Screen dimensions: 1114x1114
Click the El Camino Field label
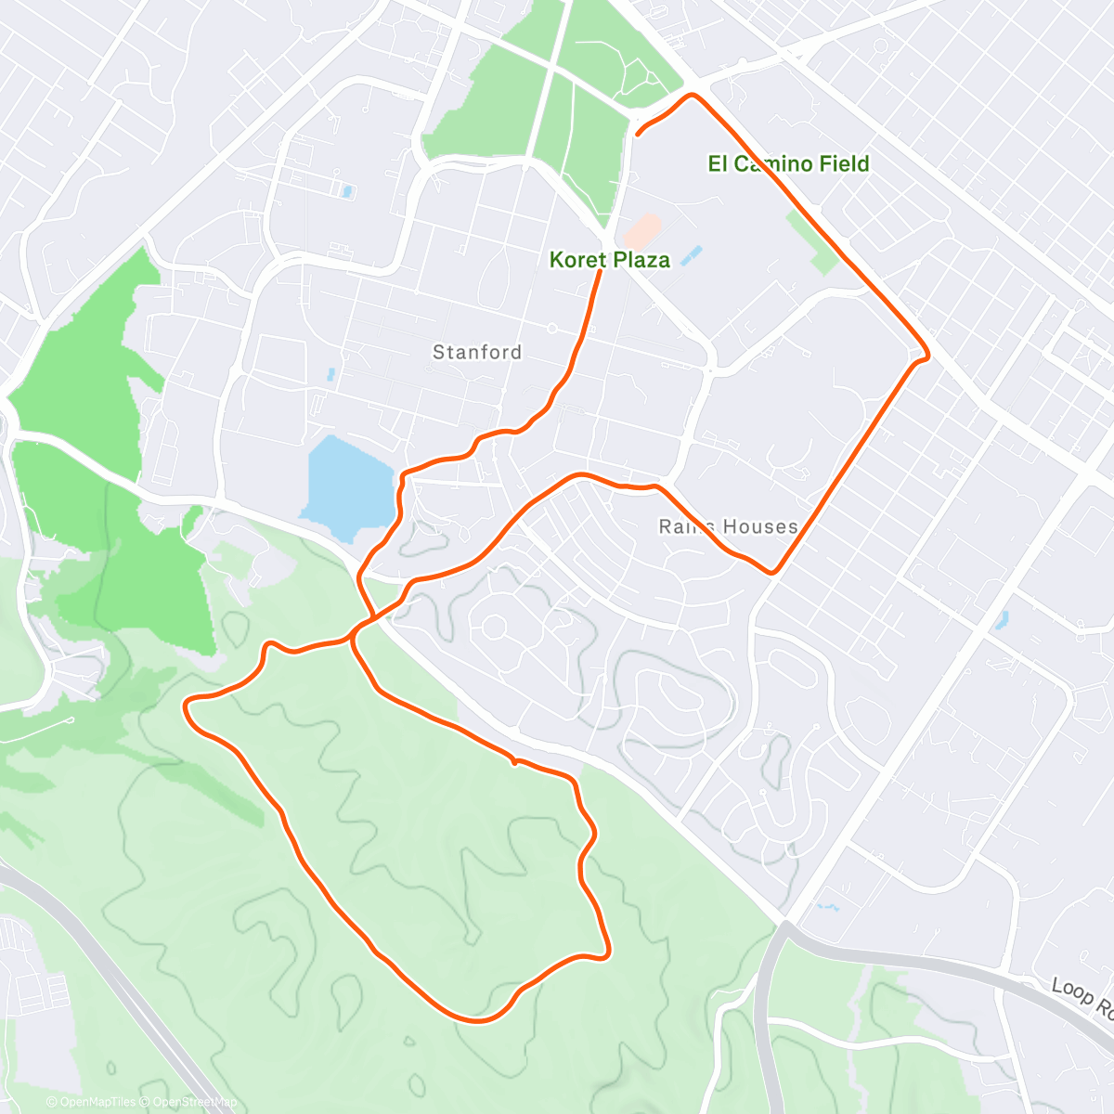tap(788, 164)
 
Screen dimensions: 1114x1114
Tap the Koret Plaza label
tap(609, 260)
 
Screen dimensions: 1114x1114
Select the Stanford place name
tap(477, 353)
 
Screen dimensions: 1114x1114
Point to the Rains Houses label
tap(728, 527)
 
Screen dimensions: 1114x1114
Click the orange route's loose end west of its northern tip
tap(638, 136)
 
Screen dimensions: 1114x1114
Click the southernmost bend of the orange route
tap(478, 1020)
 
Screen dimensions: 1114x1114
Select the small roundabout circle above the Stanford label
tap(551, 329)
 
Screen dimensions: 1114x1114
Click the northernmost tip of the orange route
tap(692, 95)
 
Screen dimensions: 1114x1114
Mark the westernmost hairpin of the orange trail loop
tap(188, 707)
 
